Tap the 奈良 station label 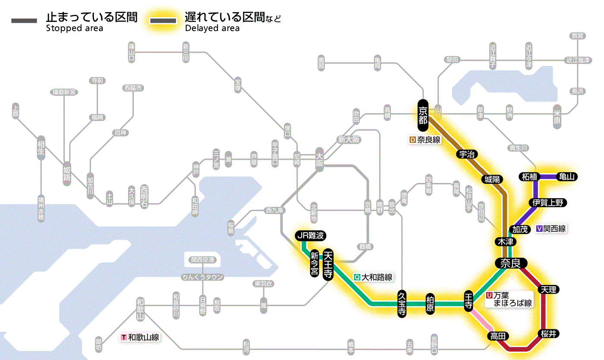pyautogui.click(x=510, y=263)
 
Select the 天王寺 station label pyautogui.click(x=328, y=265)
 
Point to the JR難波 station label pyautogui.click(x=310, y=236)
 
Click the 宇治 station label pyautogui.click(x=466, y=154)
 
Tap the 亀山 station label pyautogui.click(x=567, y=177)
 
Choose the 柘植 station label pyautogui.click(x=530, y=177)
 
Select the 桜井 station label pyautogui.click(x=549, y=333)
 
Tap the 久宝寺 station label pyautogui.click(x=402, y=304)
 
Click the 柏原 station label pyautogui.click(x=430, y=304)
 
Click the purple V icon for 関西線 pyautogui.click(x=539, y=229)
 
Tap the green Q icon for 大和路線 pyautogui.click(x=357, y=278)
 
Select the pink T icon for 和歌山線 pyautogui.click(x=124, y=338)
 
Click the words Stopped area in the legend pyautogui.click(x=75, y=28)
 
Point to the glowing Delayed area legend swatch pyautogui.click(x=163, y=20)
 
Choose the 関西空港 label pyautogui.click(x=202, y=259)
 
